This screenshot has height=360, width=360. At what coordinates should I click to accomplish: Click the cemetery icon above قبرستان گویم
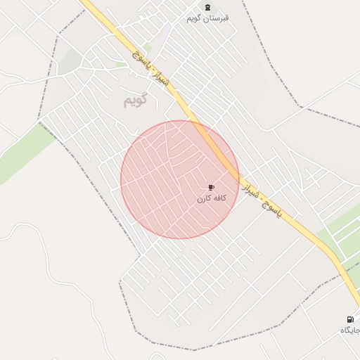(x=207, y=7)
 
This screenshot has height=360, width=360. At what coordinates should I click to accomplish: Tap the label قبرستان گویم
(x=207, y=18)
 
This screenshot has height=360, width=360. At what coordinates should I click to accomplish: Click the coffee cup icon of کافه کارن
(x=211, y=188)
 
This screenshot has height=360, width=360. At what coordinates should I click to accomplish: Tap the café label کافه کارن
(x=211, y=199)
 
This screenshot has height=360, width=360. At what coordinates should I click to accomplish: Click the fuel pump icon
(x=350, y=319)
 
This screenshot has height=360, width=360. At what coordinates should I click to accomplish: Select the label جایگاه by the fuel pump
(x=350, y=330)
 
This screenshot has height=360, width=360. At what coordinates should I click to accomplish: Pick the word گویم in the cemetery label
(x=195, y=18)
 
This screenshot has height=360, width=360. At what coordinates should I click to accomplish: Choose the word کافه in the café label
(x=219, y=199)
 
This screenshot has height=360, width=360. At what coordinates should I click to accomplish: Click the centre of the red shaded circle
(x=180, y=180)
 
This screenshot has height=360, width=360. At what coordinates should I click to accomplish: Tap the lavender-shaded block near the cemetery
(x=165, y=33)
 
